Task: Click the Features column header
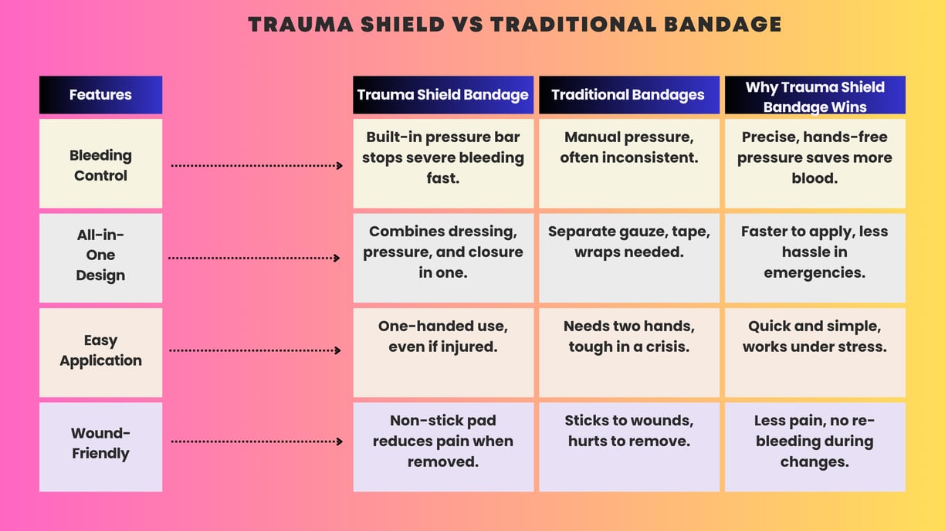(x=100, y=95)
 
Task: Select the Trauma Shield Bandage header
(x=443, y=95)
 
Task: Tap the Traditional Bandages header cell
(x=629, y=95)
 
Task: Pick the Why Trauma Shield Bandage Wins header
(x=815, y=95)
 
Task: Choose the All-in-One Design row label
(x=100, y=258)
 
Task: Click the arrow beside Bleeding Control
(x=257, y=165)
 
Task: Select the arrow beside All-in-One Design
(x=254, y=258)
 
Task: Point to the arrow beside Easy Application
(x=255, y=350)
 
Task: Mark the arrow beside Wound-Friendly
(x=257, y=441)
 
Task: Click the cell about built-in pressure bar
(x=443, y=164)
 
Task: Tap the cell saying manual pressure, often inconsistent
(x=629, y=164)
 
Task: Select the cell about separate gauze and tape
(x=629, y=258)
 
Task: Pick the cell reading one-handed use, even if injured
(x=443, y=353)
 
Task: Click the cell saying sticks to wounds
(x=629, y=447)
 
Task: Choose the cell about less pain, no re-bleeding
(x=815, y=447)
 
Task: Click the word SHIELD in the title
(x=403, y=25)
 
